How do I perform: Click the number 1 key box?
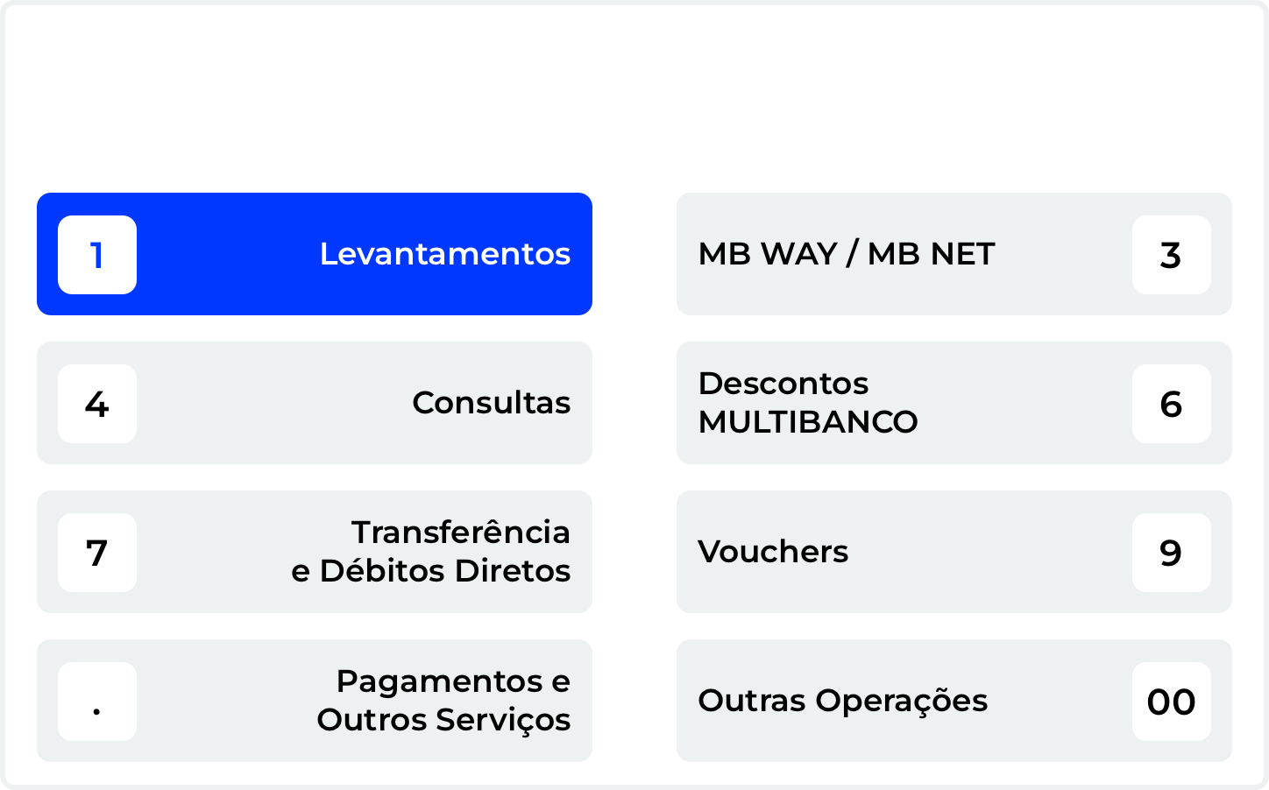97,255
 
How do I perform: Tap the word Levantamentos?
444,254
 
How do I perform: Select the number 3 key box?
1171,255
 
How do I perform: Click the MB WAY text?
768,254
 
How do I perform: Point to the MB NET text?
931,254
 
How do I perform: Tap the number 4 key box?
97,404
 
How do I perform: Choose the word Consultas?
491,403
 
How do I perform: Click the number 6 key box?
1171,404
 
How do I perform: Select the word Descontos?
783,384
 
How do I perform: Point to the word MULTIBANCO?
808,422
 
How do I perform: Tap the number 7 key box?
97,553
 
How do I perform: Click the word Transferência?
461,532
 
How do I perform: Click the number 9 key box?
1171,553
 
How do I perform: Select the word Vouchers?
773,552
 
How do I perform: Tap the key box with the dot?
97,702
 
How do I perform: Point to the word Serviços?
503,720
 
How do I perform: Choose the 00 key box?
1171,702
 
